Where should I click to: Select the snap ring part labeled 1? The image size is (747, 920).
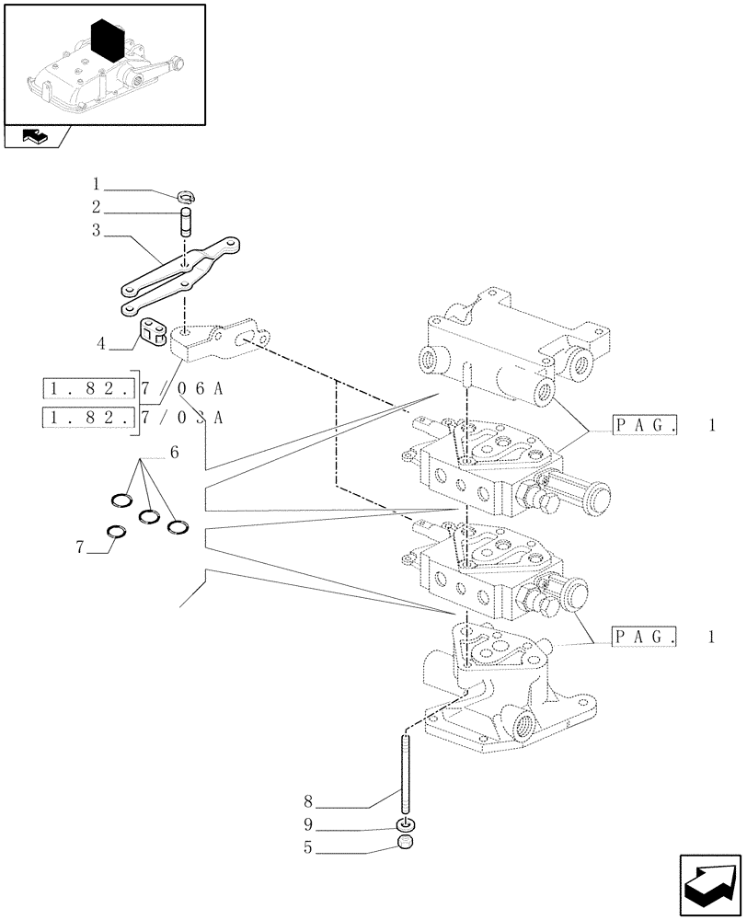click(x=187, y=195)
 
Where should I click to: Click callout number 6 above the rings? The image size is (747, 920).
click(x=174, y=453)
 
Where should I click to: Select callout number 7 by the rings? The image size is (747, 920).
click(x=81, y=547)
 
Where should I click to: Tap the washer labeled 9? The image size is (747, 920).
click(x=404, y=823)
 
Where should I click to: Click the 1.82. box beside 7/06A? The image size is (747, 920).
click(x=89, y=388)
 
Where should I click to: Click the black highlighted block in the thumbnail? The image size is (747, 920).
click(x=109, y=41)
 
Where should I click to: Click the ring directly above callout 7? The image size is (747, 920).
click(x=117, y=531)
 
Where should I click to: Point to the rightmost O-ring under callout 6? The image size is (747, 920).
click(x=178, y=527)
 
